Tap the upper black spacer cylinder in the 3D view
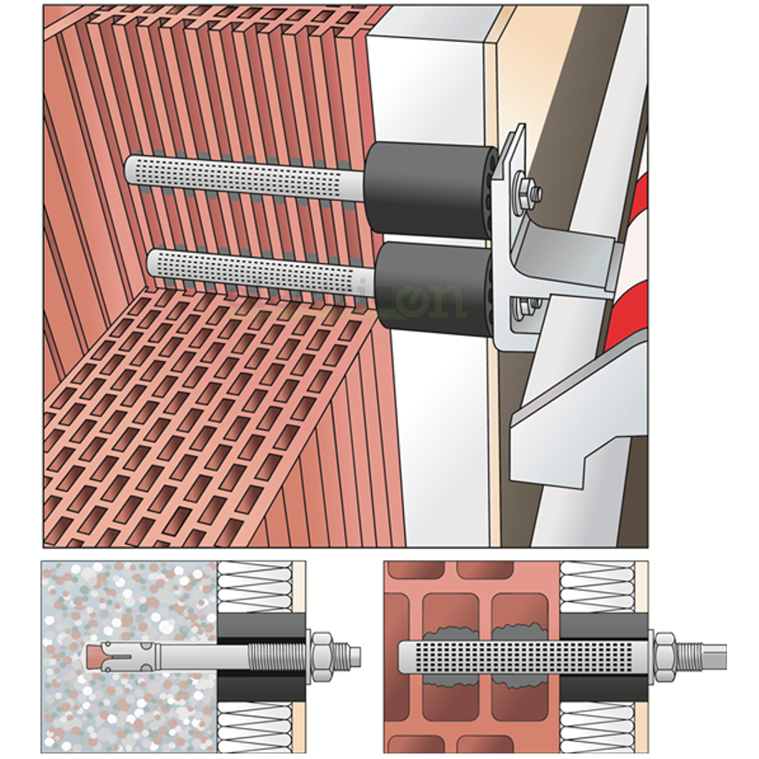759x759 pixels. pos(430,190)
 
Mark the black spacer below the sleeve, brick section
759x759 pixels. pos(603,686)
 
